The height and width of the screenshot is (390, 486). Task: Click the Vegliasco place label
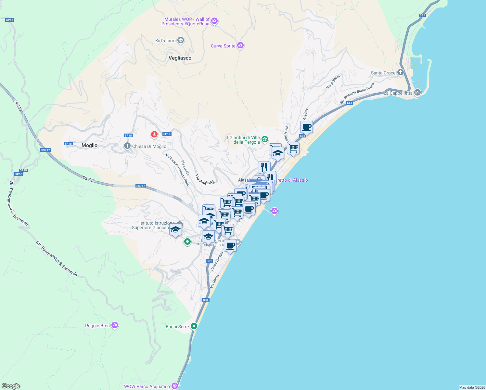point(180,58)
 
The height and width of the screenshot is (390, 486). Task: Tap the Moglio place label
point(89,145)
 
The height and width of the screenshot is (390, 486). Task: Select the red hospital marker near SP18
point(154,134)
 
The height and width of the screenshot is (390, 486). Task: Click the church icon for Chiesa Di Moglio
point(127,146)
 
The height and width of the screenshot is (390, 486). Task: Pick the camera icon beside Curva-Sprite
point(240,45)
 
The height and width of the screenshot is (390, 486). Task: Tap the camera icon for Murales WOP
point(214,21)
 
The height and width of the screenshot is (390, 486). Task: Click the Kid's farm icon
point(181,41)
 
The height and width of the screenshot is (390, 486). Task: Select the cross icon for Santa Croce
point(401,72)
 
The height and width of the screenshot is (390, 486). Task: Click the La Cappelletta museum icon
point(417,93)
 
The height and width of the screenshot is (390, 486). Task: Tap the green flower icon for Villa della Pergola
point(265,139)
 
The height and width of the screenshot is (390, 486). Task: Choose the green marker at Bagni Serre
point(194,326)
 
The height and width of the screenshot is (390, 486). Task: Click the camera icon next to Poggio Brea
point(114,325)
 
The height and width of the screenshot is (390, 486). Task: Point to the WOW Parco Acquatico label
point(147,386)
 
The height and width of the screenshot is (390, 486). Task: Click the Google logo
point(11,386)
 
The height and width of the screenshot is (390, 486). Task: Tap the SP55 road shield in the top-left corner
point(9,20)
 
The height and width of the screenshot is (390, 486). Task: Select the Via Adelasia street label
point(205,179)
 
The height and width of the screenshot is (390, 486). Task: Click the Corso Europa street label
point(217,261)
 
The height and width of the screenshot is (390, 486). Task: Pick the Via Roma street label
point(214,281)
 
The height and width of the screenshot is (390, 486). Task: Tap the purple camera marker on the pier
point(275,212)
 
